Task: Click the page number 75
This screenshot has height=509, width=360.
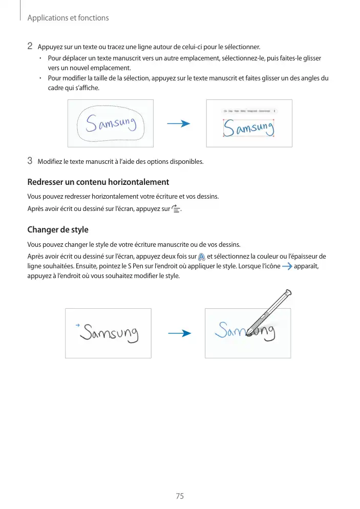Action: (x=180, y=496)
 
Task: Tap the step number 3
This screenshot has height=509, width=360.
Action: (x=30, y=162)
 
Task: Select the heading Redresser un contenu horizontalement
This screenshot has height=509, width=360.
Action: (x=98, y=182)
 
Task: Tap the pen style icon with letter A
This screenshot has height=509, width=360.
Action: (x=202, y=257)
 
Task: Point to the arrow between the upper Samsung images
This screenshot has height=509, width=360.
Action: (x=179, y=124)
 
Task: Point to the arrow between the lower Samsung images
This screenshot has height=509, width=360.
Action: (x=179, y=333)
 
